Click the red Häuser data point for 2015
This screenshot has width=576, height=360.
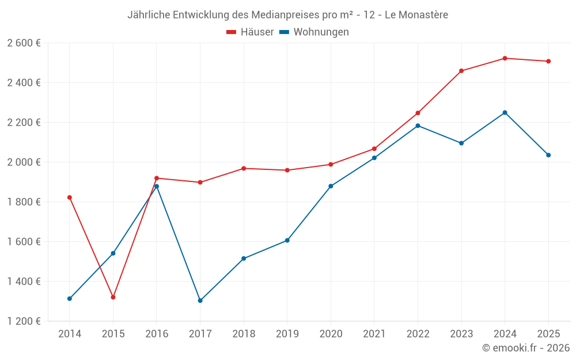[113, 297]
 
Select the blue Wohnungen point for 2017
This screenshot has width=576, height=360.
[200, 301]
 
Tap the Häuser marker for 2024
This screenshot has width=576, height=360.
[505, 58]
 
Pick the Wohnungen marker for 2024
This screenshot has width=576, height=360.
[505, 112]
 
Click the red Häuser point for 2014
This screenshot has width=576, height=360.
[70, 198]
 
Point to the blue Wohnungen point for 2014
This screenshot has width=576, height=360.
[70, 298]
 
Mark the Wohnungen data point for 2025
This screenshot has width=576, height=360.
[548, 155]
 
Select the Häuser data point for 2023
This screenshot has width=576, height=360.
[461, 71]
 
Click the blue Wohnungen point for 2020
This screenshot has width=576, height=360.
[331, 186]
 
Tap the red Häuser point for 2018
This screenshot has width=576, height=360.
[244, 168]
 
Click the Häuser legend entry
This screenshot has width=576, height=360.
[251, 32]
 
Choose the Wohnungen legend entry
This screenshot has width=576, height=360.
[314, 32]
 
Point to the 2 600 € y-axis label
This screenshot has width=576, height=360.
[24, 43]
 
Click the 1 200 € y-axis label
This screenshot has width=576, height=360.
[24, 321]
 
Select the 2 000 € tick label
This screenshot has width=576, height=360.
[24, 162]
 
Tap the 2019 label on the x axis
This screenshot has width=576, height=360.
[287, 334]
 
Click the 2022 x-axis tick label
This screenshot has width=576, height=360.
[418, 334]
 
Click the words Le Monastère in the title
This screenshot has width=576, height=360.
[416, 15]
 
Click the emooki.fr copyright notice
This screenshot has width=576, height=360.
[525, 348]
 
